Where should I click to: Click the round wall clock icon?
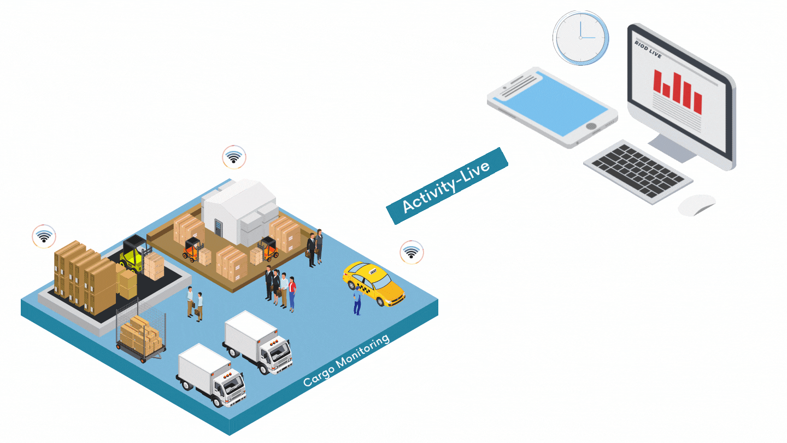pos(580,38)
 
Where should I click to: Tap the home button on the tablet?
pos(591,126)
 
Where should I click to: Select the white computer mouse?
pos(697,205)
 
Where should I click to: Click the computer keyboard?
pos(638,172)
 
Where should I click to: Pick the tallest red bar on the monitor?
pos(677,88)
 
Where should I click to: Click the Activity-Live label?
pos(448,186)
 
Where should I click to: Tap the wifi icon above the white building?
pos(234,158)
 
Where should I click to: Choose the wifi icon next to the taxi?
pos(411,252)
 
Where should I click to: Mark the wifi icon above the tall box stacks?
pos(44,236)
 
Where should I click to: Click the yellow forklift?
pos(133,254)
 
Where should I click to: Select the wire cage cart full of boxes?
pos(140,333)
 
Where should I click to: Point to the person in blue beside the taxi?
pos(357,300)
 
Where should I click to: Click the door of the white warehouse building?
pos(219,229)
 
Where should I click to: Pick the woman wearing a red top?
pos(292,294)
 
